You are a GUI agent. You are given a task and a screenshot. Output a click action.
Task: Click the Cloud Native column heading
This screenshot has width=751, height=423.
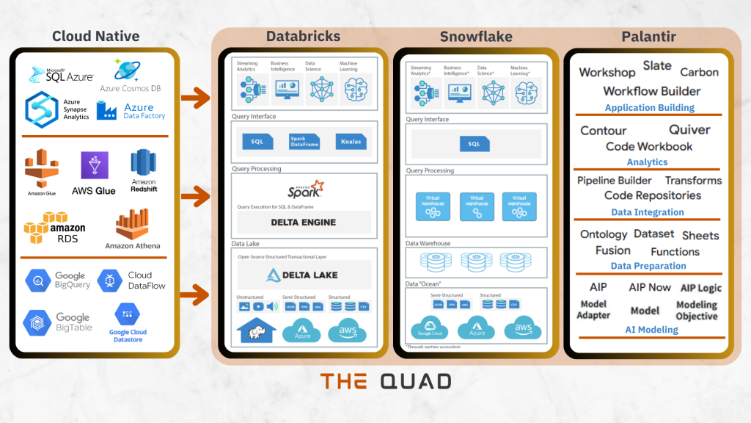(x=95, y=36)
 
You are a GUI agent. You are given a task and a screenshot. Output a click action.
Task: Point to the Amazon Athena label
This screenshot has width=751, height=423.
(x=133, y=246)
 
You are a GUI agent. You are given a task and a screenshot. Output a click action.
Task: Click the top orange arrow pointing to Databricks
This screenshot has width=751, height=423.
(x=194, y=97)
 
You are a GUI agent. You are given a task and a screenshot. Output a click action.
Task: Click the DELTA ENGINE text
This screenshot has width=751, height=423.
(x=304, y=222)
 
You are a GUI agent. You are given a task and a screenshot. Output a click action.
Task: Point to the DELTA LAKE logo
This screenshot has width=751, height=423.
(x=304, y=275)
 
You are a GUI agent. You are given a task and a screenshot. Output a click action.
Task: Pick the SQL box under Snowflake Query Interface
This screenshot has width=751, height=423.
(x=475, y=144)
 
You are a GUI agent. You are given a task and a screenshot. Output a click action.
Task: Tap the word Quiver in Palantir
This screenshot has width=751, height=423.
(x=689, y=130)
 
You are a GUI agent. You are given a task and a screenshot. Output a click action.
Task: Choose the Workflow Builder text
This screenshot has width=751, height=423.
(x=651, y=92)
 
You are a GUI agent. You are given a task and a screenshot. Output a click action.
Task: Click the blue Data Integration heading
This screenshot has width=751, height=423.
(x=648, y=212)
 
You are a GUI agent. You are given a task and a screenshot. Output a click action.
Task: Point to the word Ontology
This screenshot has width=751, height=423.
(x=604, y=234)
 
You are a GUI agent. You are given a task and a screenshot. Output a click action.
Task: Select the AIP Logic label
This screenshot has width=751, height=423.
(x=700, y=288)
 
